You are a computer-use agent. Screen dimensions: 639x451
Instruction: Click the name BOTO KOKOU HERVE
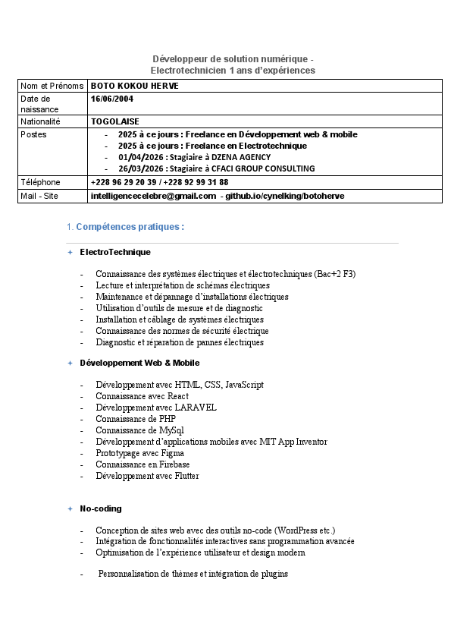(x=135, y=86)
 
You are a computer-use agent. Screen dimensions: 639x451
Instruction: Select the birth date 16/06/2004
(x=111, y=99)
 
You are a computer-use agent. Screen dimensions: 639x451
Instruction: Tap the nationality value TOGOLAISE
(x=115, y=121)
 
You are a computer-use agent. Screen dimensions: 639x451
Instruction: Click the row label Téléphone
(x=40, y=182)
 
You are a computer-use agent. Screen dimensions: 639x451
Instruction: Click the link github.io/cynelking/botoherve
(x=284, y=196)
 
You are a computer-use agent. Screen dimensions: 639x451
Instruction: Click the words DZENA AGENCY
(x=241, y=157)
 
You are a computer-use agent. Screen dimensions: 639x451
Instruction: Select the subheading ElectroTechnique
(x=115, y=252)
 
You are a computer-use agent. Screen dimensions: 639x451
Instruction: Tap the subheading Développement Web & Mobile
(x=139, y=364)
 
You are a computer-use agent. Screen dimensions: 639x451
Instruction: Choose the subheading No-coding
(x=101, y=508)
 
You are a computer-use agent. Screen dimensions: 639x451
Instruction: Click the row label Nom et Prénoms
(x=52, y=86)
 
